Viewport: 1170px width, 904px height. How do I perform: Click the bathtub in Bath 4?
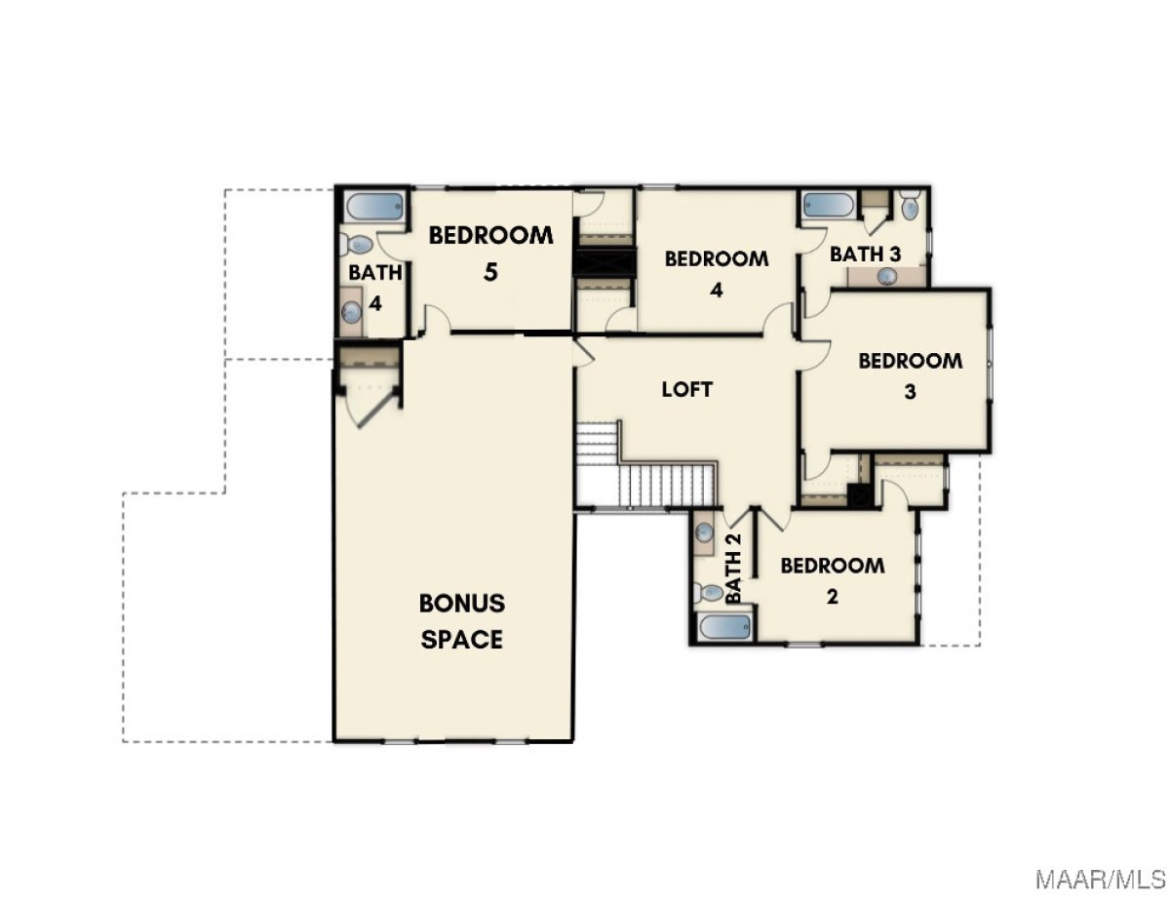[x=374, y=207]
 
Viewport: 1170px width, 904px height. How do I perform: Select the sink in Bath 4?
[x=352, y=311]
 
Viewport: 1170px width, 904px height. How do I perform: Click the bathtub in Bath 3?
[x=828, y=205]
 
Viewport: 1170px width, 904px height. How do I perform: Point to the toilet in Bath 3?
[x=909, y=204]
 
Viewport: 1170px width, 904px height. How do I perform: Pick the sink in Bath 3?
[x=887, y=277]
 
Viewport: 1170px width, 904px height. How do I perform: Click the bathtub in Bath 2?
[x=725, y=627]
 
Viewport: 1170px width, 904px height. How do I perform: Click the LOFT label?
[x=687, y=389]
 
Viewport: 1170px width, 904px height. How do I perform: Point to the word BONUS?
[x=462, y=604]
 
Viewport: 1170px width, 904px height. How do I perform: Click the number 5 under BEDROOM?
[x=490, y=272]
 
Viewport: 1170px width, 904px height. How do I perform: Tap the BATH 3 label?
[x=865, y=255]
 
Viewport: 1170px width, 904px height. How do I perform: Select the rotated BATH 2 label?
[x=733, y=569]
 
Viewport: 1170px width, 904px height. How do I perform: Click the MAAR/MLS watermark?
[x=1101, y=879]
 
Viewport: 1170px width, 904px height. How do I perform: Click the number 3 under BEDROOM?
[x=910, y=392]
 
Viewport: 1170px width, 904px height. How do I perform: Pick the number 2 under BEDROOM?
[x=833, y=597]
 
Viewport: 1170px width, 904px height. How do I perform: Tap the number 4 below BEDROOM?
[x=716, y=291]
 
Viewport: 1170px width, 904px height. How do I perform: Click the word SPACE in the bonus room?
[x=461, y=640]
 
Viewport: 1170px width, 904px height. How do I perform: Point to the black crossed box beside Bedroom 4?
[x=604, y=262]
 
